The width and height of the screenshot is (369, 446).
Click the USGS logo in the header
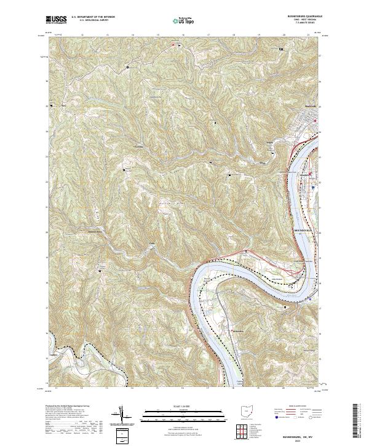tap(57, 20)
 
